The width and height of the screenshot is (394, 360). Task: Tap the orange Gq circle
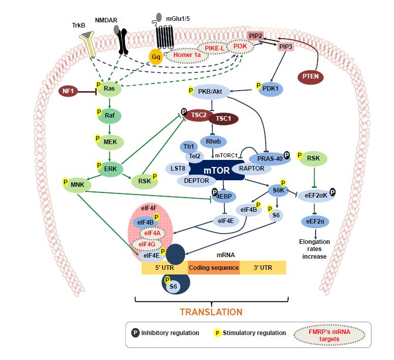[x=156, y=55]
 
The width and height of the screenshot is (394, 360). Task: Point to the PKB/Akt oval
[x=210, y=92]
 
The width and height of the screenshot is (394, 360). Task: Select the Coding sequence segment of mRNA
[x=213, y=267]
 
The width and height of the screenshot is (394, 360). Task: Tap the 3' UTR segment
[x=262, y=267]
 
